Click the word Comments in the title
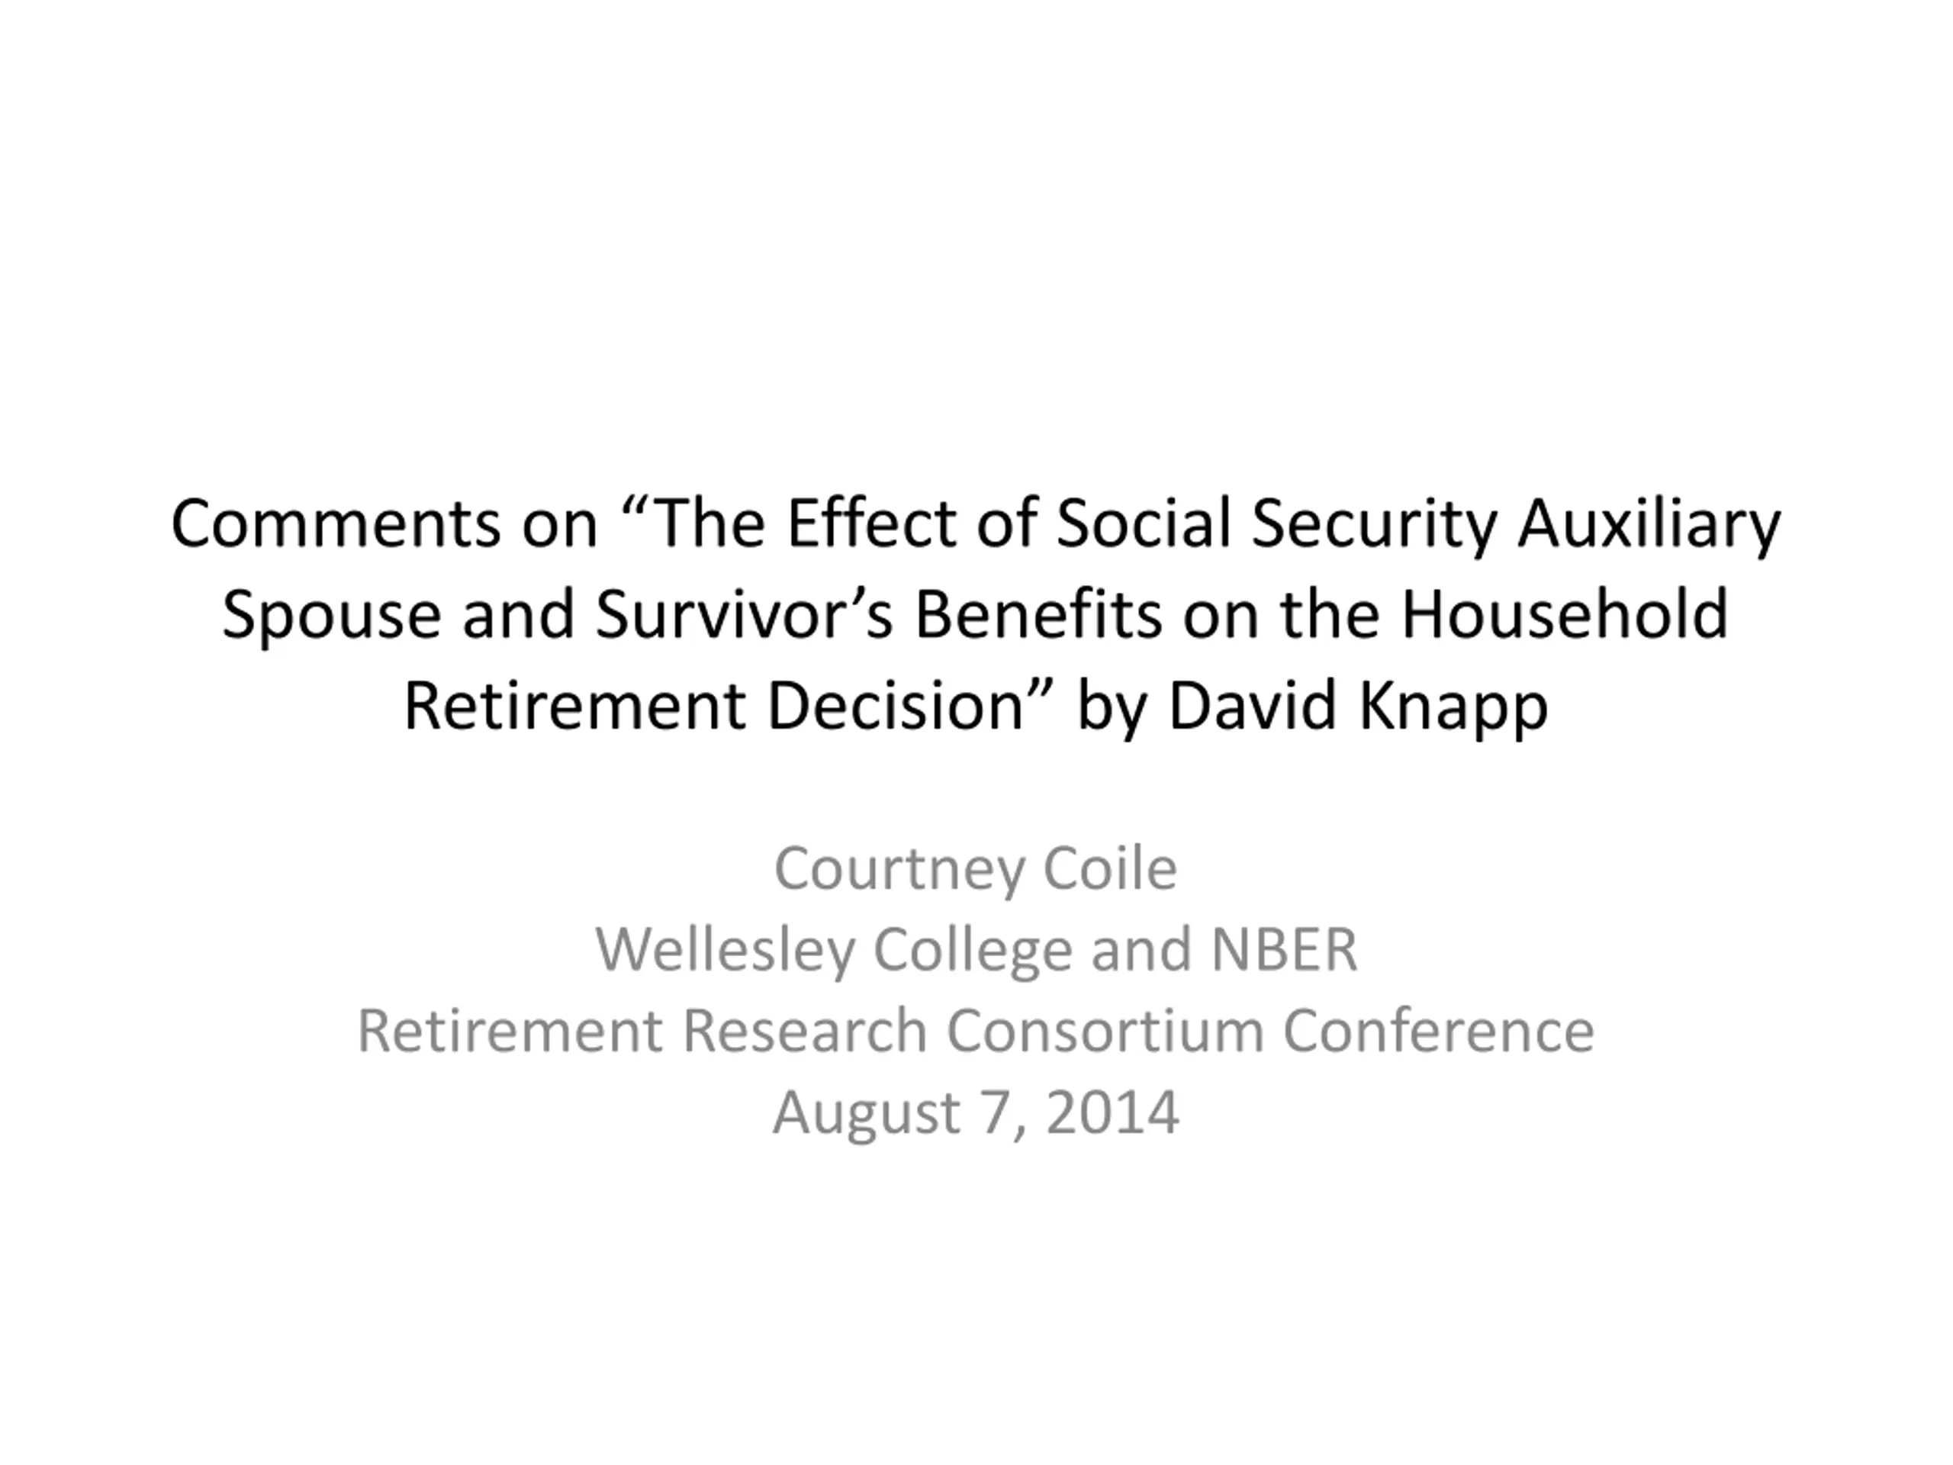(336, 523)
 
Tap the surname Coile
(1110, 868)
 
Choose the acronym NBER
(1284, 949)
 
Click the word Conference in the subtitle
(1438, 1031)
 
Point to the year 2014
(1112, 1112)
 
